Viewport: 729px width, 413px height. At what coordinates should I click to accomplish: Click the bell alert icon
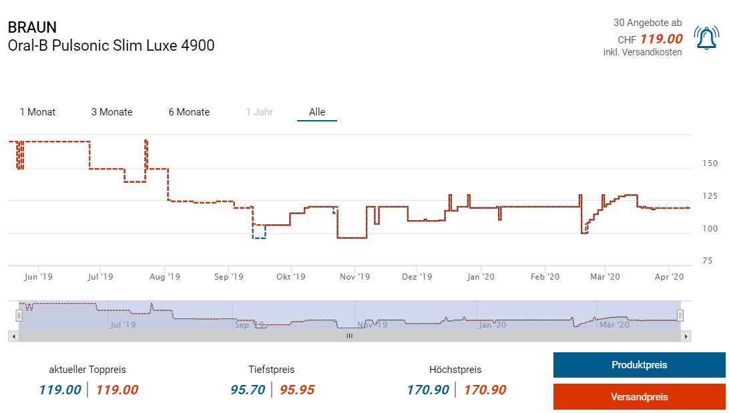tap(706, 39)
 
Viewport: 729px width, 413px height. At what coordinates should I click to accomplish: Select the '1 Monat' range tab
tap(37, 112)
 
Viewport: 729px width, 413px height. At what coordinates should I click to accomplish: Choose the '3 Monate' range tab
tap(112, 112)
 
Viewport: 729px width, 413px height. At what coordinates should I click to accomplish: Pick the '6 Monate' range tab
tap(189, 112)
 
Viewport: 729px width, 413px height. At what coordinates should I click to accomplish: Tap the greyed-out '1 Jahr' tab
tap(259, 112)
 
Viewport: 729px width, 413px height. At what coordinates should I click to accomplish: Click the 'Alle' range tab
tap(317, 112)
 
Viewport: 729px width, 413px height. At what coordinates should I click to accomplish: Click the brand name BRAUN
tap(32, 27)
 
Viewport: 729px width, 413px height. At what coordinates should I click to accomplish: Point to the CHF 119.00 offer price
tap(661, 39)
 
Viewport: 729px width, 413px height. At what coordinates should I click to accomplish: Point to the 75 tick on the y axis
tap(712, 261)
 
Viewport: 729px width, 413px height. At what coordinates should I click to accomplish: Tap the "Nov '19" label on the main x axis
tap(354, 276)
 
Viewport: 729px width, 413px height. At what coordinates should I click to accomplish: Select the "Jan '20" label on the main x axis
tap(481, 276)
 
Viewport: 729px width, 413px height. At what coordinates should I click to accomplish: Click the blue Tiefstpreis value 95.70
tap(248, 390)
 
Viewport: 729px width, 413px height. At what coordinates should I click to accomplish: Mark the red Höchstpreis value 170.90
tap(485, 390)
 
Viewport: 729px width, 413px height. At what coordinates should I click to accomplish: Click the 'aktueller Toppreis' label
tap(87, 369)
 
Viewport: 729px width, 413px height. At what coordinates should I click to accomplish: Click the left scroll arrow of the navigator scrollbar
tap(13, 336)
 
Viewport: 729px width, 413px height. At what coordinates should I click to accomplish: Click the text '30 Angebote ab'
tap(648, 23)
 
